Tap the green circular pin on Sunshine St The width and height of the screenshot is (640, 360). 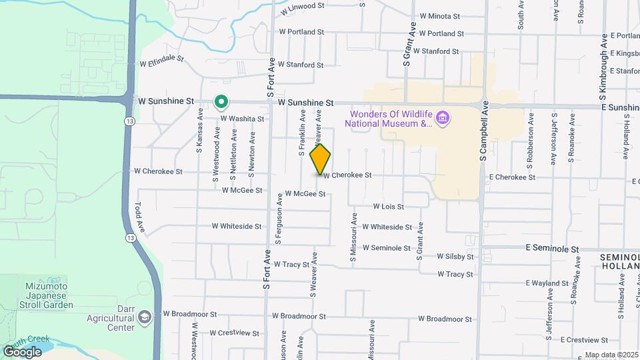tap(221, 102)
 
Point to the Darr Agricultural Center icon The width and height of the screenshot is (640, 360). tap(145, 318)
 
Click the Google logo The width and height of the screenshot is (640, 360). tap(22, 351)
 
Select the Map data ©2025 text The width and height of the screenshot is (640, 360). tap(611, 355)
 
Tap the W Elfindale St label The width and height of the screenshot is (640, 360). tap(161, 61)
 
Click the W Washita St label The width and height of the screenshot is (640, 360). tap(242, 119)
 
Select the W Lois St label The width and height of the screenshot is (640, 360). tap(388, 207)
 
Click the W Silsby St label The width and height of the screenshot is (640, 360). tap(455, 256)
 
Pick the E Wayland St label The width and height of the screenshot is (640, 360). tap(547, 283)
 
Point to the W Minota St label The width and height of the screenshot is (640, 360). tap(440, 16)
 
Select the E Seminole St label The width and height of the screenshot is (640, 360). tap(550, 248)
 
